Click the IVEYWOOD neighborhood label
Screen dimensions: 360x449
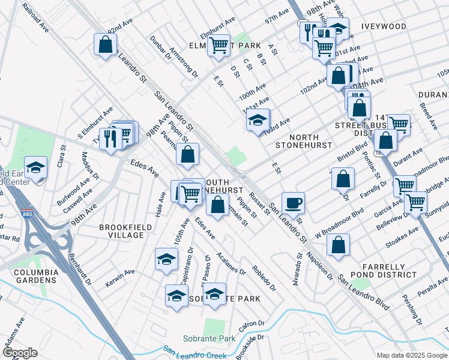pos(384,27)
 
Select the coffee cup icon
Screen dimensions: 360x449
pos(292,203)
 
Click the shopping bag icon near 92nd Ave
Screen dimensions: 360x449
pos(105,44)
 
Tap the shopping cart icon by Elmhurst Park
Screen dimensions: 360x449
pos(219,44)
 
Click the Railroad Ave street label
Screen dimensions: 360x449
pos(35,19)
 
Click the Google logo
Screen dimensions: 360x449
pos(20,353)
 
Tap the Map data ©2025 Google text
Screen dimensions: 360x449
pos(411,355)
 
